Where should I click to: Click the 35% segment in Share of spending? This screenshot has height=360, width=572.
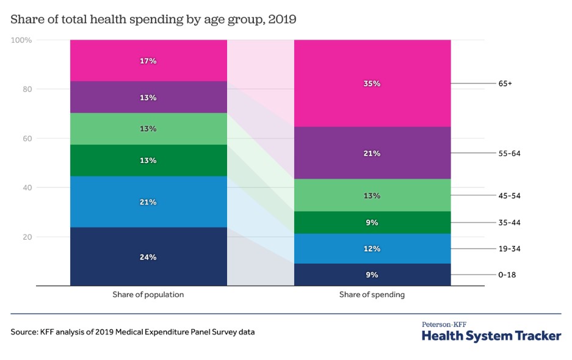372,84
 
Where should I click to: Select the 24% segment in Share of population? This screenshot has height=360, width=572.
148,257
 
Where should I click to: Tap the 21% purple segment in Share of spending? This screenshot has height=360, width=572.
372,153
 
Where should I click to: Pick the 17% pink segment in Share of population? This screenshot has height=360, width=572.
148,61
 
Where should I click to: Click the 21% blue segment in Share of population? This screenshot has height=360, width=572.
148,202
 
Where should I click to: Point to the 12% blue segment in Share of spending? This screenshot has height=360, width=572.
372,249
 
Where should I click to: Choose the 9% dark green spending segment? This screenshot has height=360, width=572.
372,223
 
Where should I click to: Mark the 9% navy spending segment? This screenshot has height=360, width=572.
372,275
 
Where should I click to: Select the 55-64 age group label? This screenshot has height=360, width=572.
509,153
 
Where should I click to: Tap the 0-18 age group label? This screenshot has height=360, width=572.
507,275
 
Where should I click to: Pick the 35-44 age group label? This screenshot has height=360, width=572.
509,223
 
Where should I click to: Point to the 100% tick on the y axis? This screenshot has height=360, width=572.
21,40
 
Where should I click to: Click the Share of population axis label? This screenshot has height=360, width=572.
148,295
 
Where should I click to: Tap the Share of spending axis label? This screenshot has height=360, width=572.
372,295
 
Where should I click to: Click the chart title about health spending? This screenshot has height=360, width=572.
153,20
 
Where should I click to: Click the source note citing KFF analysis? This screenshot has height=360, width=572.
132,333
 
